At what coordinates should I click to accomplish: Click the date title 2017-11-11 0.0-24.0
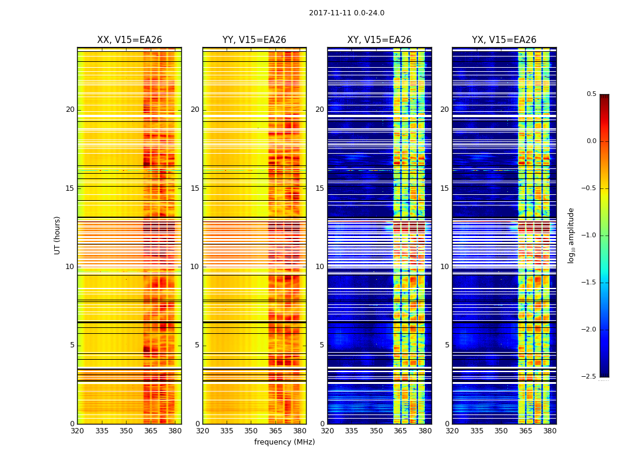click(x=347, y=13)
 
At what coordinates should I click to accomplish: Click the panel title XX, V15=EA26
click(x=129, y=40)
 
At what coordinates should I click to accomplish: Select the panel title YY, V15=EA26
click(x=254, y=40)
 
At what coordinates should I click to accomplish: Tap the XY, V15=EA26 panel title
click(x=379, y=40)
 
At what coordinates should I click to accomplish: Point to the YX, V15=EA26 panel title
click(x=504, y=40)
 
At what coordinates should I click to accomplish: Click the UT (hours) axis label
click(x=57, y=235)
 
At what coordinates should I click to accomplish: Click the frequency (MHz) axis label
click(x=284, y=442)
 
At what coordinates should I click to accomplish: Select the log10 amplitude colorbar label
click(x=570, y=235)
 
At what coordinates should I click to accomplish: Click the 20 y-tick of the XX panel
click(x=70, y=110)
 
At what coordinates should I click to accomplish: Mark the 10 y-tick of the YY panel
click(x=195, y=267)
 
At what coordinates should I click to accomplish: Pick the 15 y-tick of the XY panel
click(x=320, y=188)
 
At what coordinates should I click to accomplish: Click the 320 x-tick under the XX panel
click(x=77, y=431)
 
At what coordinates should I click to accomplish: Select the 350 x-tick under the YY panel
click(x=251, y=431)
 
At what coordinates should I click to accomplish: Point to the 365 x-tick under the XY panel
click(x=400, y=431)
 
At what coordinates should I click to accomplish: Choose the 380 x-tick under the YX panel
click(x=550, y=431)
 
